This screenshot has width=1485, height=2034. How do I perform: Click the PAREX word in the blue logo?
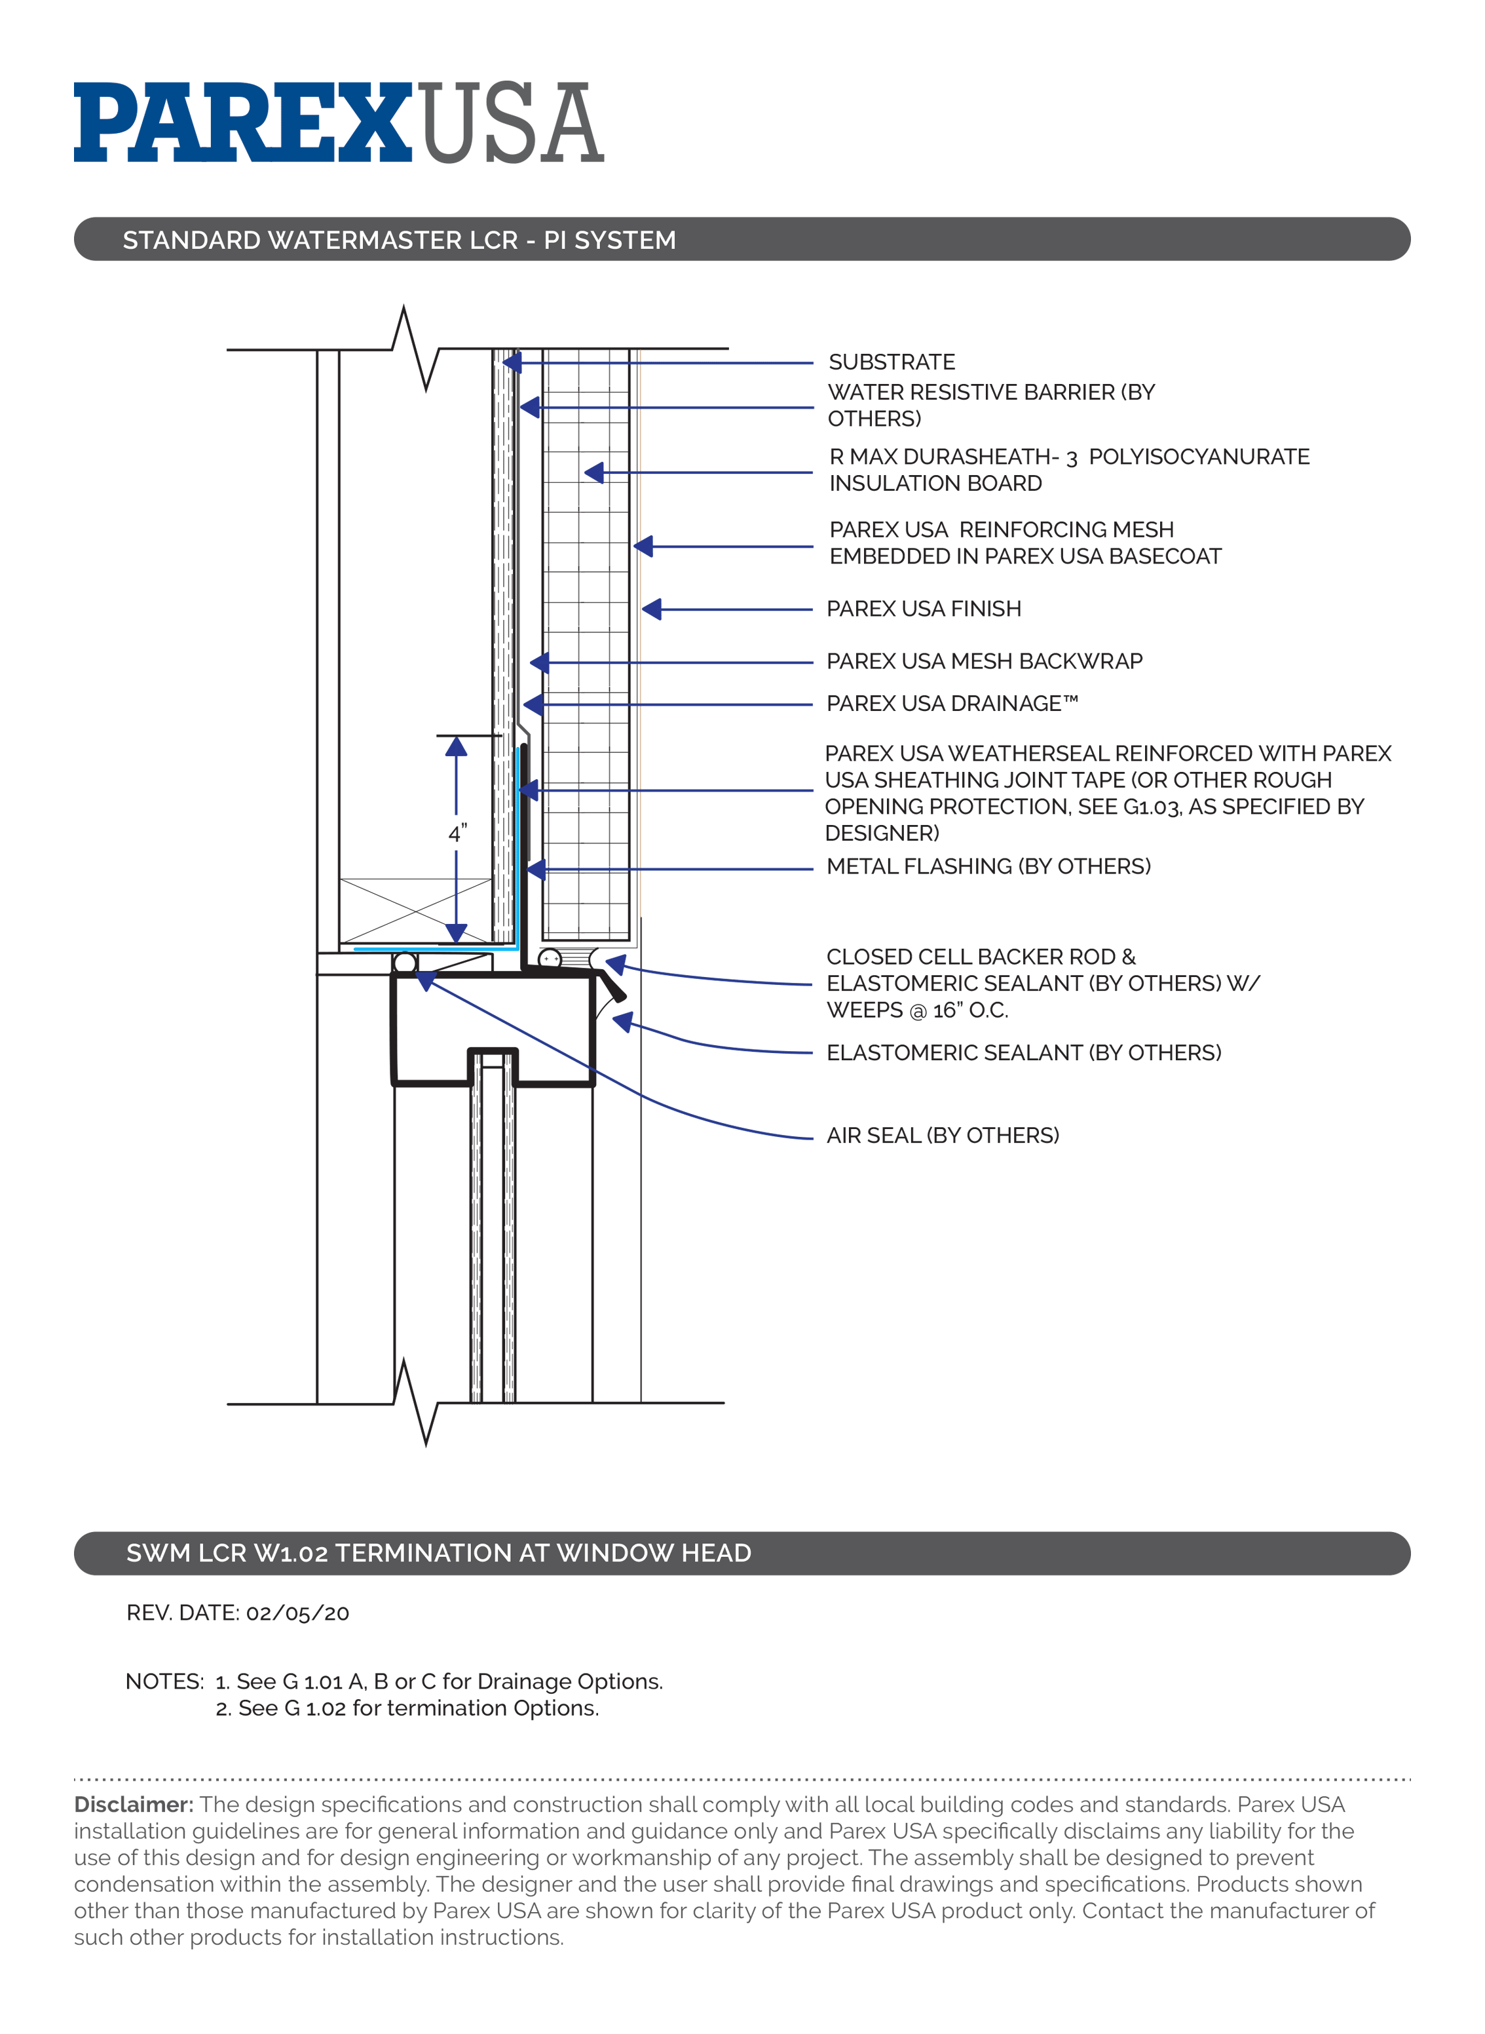[243, 123]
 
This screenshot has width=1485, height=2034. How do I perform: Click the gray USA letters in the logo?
[510, 123]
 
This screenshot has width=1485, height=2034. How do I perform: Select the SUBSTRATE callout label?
[891, 362]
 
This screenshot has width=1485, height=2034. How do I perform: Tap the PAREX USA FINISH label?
[923, 609]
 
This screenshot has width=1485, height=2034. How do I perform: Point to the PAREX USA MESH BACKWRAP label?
[983, 661]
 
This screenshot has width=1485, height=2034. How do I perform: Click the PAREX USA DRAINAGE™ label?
[951, 703]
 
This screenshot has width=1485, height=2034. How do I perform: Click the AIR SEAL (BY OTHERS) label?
[942, 1135]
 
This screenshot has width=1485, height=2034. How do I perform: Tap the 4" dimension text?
[457, 834]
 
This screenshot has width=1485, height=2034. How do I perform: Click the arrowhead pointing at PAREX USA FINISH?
[652, 609]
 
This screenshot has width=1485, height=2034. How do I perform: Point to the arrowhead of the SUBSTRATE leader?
[512, 362]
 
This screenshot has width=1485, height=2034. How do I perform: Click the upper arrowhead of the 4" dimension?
[457, 746]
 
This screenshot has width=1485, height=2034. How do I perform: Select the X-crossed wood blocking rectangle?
[415, 910]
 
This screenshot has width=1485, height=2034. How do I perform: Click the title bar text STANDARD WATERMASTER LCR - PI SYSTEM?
[399, 240]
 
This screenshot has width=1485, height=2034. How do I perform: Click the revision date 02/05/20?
[297, 1613]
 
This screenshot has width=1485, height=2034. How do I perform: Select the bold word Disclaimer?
[133, 1805]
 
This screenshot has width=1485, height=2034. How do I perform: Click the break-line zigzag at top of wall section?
[415, 349]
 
